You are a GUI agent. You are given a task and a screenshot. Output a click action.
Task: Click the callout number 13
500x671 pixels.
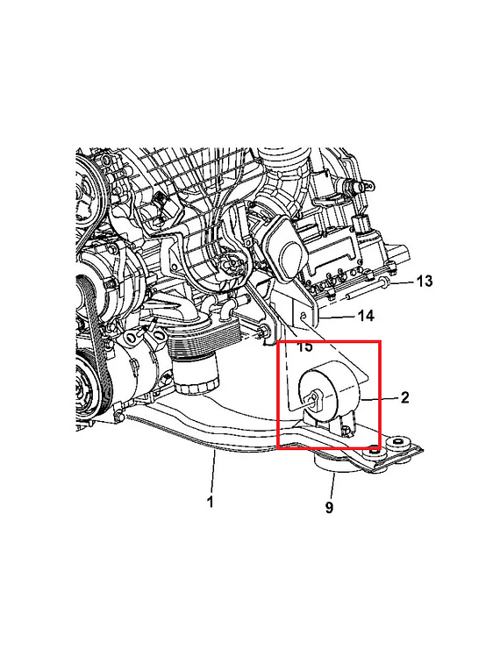pyautogui.click(x=425, y=282)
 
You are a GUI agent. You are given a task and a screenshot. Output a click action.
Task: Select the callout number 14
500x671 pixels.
pyautogui.click(x=366, y=316)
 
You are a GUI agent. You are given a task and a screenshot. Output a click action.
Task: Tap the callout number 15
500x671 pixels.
pyautogui.click(x=304, y=346)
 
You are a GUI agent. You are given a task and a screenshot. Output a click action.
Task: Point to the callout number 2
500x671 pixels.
pyautogui.click(x=404, y=397)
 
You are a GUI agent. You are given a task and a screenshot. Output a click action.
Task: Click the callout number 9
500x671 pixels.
pyautogui.click(x=329, y=508)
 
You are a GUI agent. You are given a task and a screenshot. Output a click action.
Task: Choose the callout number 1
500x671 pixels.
pyautogui.click(x=211, y=501)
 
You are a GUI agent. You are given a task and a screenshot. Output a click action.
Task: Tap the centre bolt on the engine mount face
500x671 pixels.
pyautogui.click(x=314, y=398)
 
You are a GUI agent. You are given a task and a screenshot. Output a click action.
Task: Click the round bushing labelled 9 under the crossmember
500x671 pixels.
pyautogui.click(x=332, y=463)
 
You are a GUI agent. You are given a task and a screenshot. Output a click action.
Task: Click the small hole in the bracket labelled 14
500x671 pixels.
pyautogui.click(x=303, y=316)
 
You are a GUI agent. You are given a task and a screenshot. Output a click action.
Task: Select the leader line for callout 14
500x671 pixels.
pyautogui.click(x=339, y=318)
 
